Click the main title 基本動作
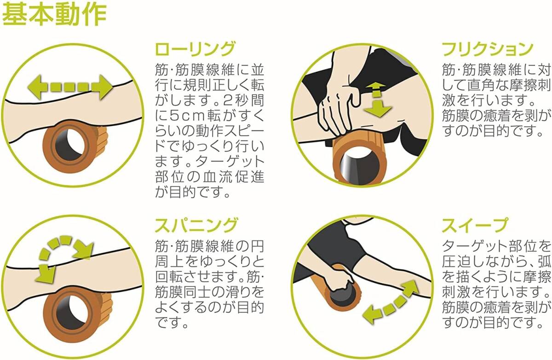(x=55, y=15)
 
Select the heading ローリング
(x=195, y=49)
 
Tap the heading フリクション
(x=488, y=49)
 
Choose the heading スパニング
(x=196, y=225)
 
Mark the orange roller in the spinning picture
(x=76, y=314)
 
